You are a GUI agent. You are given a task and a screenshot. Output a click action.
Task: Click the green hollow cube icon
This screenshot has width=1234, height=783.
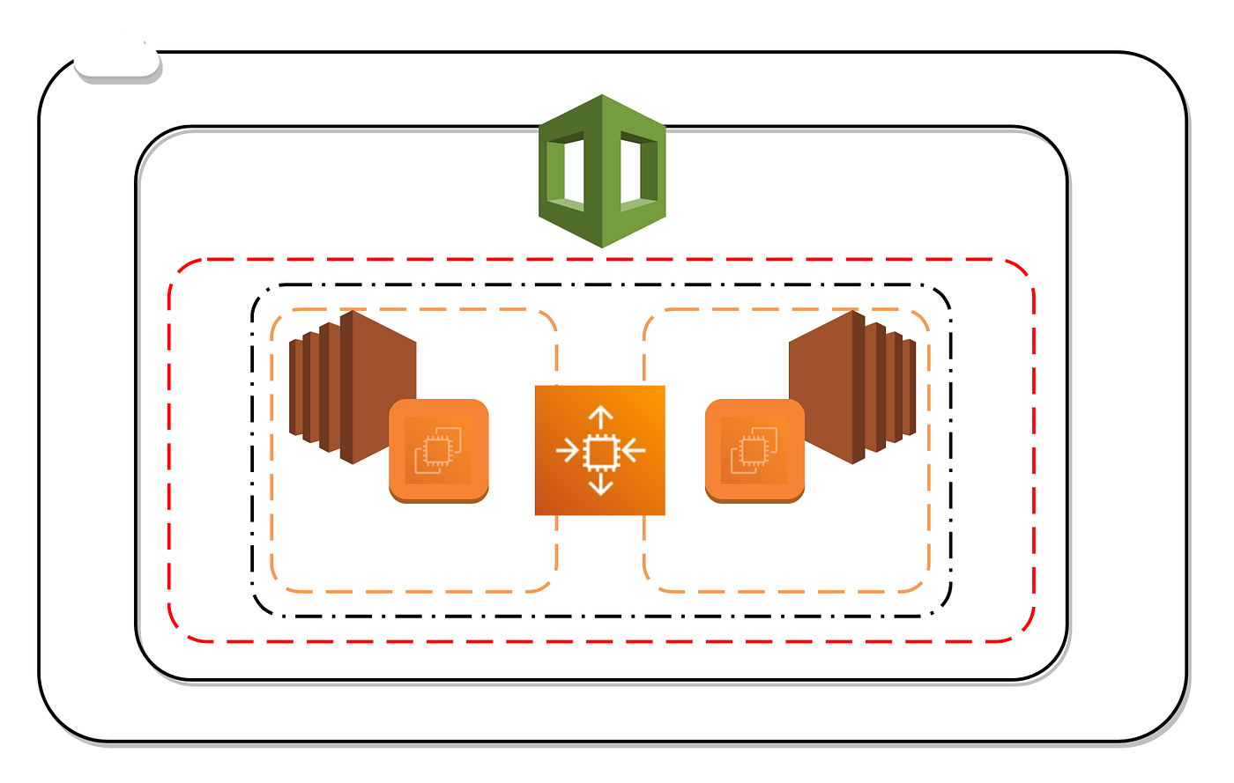click(602, 171)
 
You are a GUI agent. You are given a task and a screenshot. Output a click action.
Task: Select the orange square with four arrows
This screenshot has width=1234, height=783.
click(599, 450)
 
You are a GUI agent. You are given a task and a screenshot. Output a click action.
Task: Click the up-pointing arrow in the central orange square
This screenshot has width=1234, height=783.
click(600, 417)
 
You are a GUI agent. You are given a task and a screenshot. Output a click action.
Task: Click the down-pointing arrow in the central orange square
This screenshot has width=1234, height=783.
click(600, 484)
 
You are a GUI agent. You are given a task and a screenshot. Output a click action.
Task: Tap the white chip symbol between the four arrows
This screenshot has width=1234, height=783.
click(600, 451)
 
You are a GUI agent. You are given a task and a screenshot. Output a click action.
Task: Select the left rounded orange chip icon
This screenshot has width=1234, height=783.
click(438, 450)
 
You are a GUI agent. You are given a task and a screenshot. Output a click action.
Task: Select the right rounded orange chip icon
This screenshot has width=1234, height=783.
click(755, 450)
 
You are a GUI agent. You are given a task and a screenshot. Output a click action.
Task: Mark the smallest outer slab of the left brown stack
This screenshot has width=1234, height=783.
click(295, 388)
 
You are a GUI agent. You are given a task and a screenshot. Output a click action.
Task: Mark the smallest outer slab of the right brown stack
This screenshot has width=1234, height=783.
click(911, 388)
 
